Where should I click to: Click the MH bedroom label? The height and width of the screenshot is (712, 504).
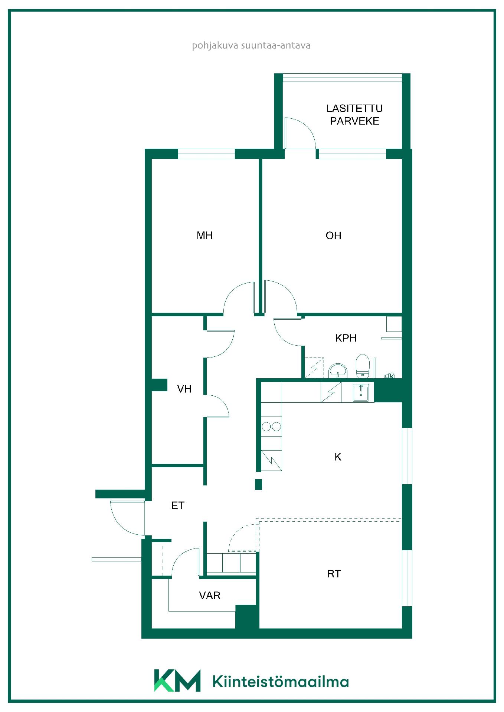204,235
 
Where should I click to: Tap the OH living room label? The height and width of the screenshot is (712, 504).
333,236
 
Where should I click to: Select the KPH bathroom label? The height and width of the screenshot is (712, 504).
346,338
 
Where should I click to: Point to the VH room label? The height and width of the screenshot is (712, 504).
184,389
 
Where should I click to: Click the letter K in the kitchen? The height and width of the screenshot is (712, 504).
338,457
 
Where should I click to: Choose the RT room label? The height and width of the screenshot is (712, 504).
333,574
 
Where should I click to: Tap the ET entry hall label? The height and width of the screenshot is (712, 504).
177,506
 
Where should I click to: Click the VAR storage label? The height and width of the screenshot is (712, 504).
210,596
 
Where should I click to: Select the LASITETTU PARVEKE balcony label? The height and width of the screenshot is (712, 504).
354,115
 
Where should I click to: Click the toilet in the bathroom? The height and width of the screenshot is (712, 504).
363,366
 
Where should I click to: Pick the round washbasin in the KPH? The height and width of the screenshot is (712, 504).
338,370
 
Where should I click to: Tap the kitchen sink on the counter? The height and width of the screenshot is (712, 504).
361,393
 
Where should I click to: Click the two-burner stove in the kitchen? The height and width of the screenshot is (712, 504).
271,426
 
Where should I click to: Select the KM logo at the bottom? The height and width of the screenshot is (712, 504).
177,680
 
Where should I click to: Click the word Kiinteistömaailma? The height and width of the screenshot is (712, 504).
281,682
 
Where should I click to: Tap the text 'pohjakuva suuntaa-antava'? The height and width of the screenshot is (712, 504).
251,46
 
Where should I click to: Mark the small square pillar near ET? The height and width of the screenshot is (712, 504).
258,484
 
